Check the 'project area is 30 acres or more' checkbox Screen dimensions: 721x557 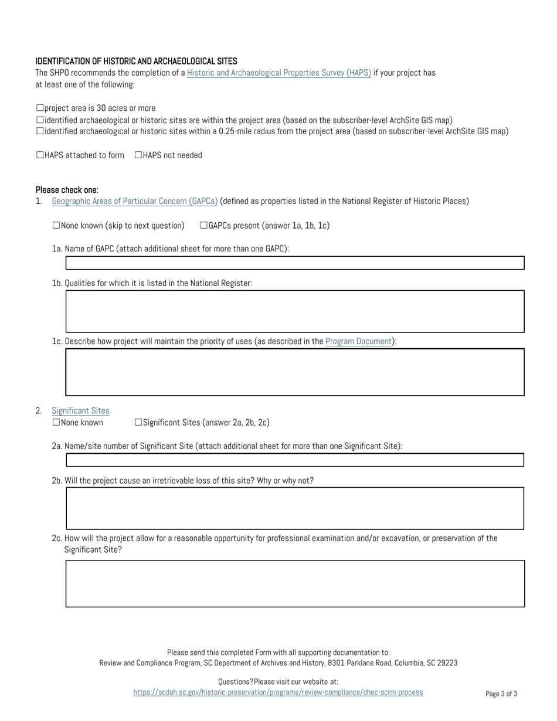40,108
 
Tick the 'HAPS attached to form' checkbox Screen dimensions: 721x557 40,155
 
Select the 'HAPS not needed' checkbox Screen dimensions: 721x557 138,155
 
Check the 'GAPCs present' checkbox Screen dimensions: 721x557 204,226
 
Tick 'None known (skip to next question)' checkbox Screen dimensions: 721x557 56,226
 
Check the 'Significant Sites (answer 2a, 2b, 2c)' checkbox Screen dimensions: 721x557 138,423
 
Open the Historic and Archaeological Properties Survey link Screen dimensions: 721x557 278,73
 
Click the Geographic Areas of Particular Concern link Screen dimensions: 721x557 135,201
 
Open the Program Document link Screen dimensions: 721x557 358,342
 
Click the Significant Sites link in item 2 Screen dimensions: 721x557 80,411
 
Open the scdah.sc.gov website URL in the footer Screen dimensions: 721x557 278,692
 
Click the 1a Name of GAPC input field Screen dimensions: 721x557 294,263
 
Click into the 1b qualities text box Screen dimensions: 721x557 294,311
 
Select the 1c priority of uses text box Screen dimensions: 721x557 294,372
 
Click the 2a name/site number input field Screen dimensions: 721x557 294,460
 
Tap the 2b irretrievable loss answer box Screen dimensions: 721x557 294,508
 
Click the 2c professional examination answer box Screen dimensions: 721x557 294,583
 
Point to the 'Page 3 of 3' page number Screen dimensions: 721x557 501,694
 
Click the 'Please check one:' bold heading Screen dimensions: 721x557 67,190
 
